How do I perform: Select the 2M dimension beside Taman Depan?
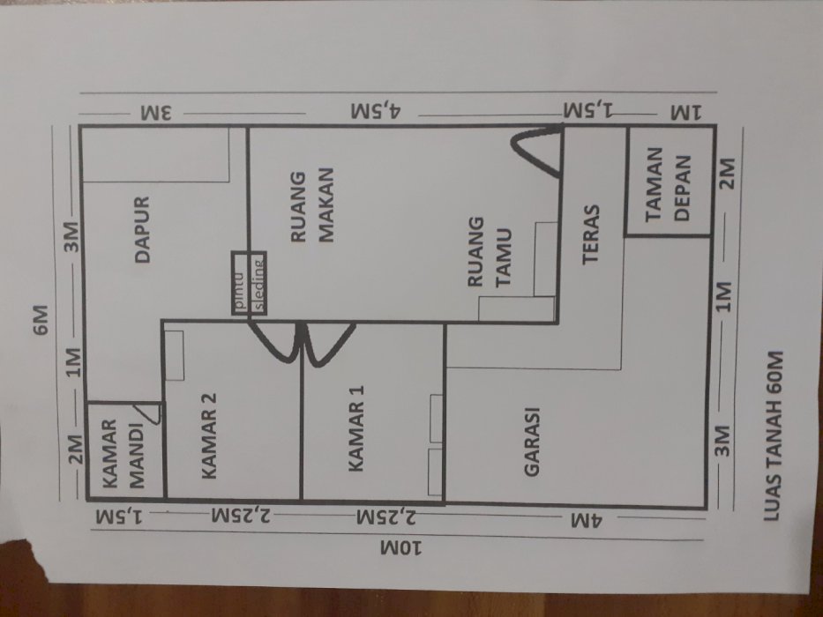[x=727, y=174]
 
